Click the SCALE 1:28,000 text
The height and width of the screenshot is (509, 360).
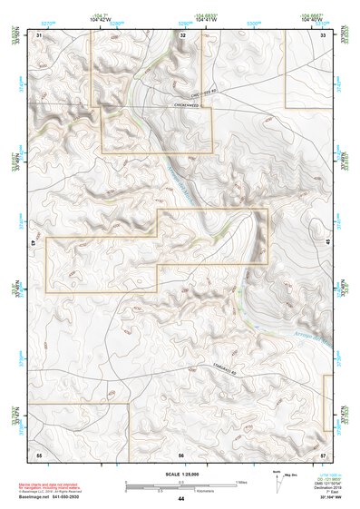point(181,474)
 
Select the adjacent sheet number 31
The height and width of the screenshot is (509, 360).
point(39,34)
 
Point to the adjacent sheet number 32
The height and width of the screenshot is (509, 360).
point(182,34)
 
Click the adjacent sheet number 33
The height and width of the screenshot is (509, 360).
point(324,34)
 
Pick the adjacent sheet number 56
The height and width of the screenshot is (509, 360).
point(181,455)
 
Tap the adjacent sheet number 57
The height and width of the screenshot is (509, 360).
point(324,455)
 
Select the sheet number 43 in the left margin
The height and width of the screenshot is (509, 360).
point(33,244)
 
